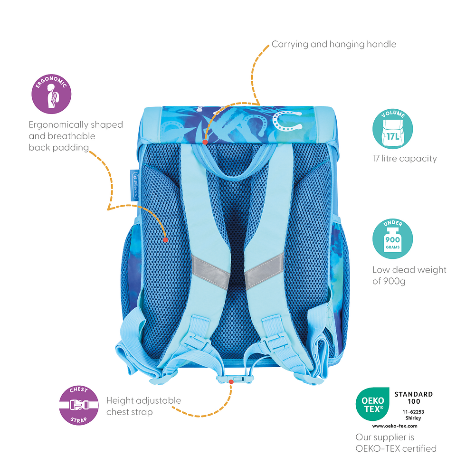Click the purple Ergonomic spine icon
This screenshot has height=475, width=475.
point(51,94)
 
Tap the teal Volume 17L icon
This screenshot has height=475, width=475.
point(393,129)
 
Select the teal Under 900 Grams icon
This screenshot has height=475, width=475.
point(393,238)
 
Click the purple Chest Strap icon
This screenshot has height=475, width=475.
point(79,405)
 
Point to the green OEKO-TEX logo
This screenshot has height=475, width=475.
point(372,404)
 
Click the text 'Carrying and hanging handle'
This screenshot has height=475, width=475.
point(334,44)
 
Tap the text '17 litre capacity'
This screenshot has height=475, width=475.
point(404,159)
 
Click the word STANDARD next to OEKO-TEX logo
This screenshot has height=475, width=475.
point(414,394)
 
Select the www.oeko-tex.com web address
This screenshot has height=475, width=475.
point(395,426)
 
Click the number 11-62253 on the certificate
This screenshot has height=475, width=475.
point(413,412)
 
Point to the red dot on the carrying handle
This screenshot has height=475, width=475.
point(205,142)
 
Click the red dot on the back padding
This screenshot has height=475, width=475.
point(165,240)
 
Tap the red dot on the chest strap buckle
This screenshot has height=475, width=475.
point(231,382)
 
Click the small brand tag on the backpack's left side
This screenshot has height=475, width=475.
point(134,185)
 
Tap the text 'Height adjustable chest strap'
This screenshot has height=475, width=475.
point(143,406)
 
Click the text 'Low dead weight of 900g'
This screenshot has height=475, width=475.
point(409,275)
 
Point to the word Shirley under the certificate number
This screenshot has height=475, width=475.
point(413,418)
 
